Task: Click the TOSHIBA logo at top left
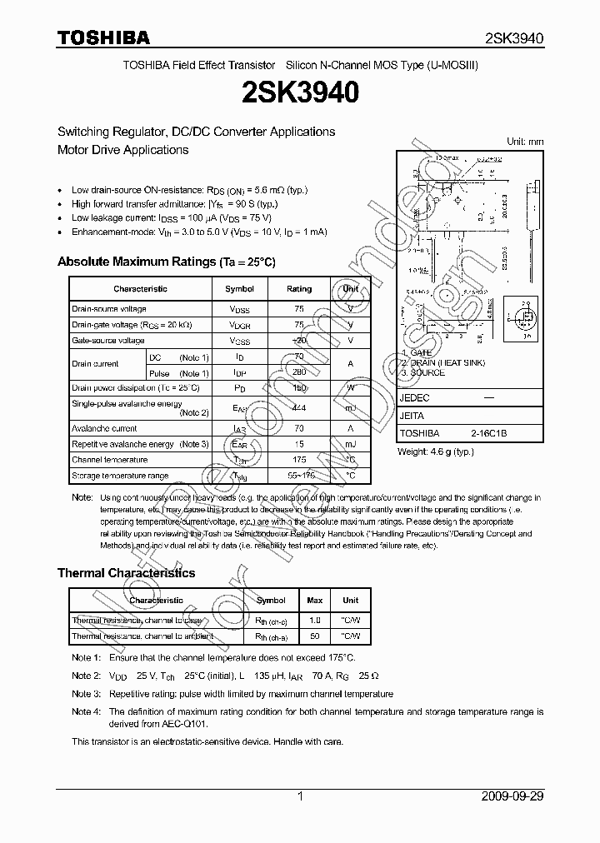pyautogui.click(x=102, y=37)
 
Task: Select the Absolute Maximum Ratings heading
pyautogui.click(x=166, y=262)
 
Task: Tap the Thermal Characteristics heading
pyautogui.click(x=126, y=573)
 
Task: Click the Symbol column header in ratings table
pyautogui.click(x=240, y=289)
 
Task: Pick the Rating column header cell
pyautogui.click(x=299, y=289)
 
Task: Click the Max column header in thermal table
pyautogui.click(x=315, y=600)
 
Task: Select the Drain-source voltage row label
pyautogui.click(x=109, y=309)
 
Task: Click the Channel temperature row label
pyautogui.click(x=109, y=460)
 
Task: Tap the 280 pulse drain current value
pyautogui.click(x=299, y=374)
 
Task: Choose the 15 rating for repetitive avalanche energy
pyautogui.click(x=299, y=444)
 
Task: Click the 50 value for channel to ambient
pyautogui.click(x=315, y=636)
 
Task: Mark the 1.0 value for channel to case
pyautogui.click(x=315, y=621)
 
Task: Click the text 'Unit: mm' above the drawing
pyautogui.click(x=525, y=142)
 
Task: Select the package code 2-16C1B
pyautogui.click(x=489, y=434)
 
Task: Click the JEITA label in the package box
pyautogui.click(x=412, y=416)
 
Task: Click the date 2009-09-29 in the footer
pyautogui.click(x=512, y=796)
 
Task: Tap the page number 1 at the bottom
pyautogui.click(x=300, y=796)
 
